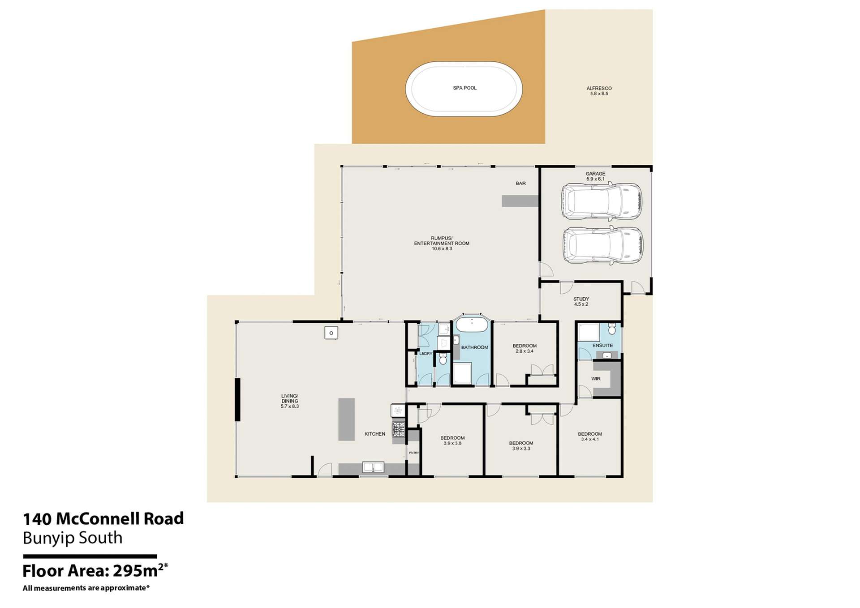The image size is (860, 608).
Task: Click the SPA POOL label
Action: coord(464,88)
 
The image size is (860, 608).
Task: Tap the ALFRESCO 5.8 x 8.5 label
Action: coord(599,91)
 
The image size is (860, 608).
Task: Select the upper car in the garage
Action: coord(601,201)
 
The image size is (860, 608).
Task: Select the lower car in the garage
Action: coord(603,245)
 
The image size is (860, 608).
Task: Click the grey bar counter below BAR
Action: coord(520,201)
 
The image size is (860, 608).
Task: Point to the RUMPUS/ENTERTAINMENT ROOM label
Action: coord(442,243)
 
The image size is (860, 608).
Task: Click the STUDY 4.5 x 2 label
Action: coord(581,301)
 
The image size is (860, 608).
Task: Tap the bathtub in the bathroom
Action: coord(472,325)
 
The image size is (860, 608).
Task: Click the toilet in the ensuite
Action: coord(612,330)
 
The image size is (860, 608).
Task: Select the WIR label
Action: coord(596,379)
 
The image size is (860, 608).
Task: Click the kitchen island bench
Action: coord(346,419)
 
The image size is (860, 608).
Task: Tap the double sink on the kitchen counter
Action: coord(373,467)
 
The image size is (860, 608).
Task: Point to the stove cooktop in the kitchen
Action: coord(398,429)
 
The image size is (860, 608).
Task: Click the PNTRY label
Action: coord(414,453)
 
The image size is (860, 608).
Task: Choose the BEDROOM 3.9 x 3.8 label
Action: coord(452,441)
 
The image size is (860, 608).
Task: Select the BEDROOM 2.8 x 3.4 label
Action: coord(525,348)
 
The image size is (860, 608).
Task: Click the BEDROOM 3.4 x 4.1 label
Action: coord(589,437)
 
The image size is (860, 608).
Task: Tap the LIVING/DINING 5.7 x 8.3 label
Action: coord(289,401)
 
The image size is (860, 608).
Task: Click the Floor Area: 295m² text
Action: coord(95,571)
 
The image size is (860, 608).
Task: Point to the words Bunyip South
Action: coord(73,538)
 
